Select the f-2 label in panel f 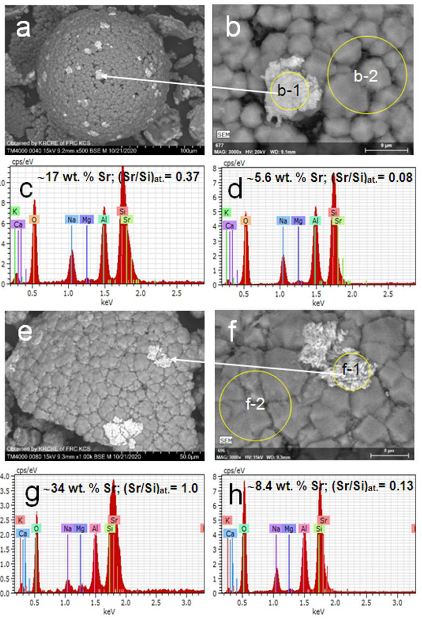point(255,404)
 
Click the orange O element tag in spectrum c point(34,220)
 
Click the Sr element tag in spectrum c point(127,220)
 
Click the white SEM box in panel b point(223,134)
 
